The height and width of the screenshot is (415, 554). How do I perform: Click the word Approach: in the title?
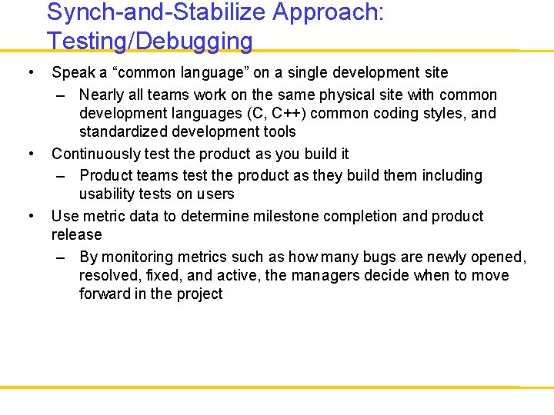point(323,12)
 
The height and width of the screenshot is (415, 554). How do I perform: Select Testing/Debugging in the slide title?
point(149,41)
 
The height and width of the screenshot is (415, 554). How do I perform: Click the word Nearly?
point(102,95)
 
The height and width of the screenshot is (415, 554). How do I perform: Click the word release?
point(76,234)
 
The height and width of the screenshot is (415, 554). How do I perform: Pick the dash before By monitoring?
point(62,257)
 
